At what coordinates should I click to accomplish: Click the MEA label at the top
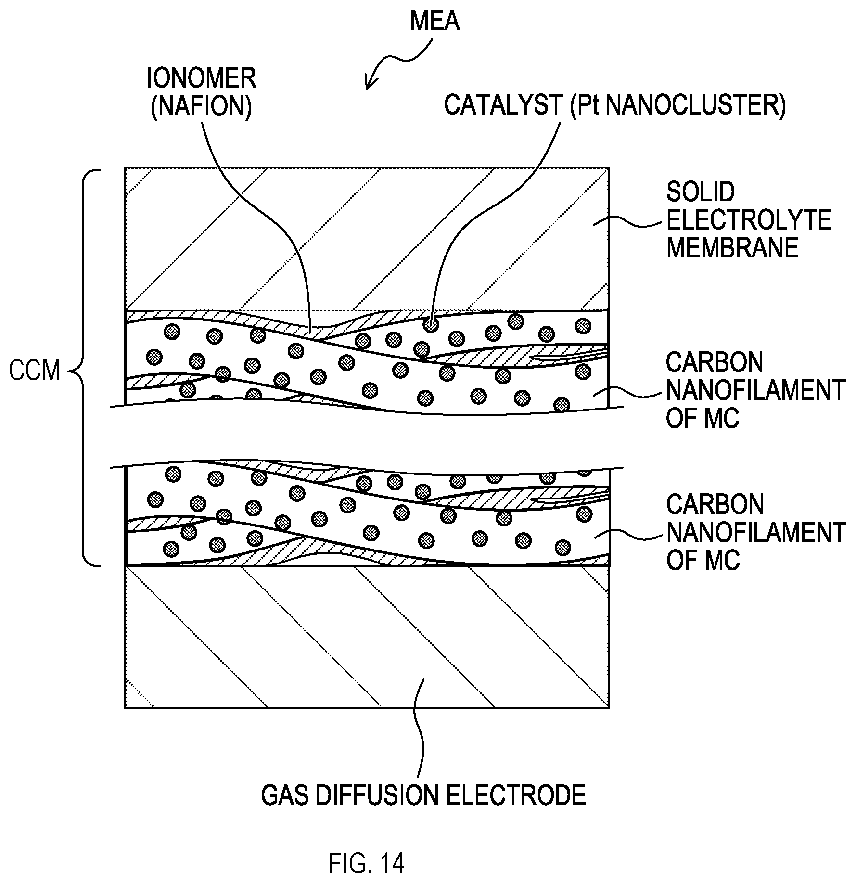coord(434,21)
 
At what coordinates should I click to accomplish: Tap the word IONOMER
coord(202,78)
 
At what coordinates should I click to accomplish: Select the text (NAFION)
coord(202,106)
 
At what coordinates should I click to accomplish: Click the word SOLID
coord(700,192)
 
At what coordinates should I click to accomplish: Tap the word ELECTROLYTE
coord(749,220)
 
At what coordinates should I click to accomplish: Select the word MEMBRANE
coord(732,248)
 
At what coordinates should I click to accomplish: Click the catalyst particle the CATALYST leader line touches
coord(431,325)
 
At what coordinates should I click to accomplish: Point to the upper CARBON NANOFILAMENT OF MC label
coord(755,390)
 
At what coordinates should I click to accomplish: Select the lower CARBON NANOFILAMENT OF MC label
coord(755,532)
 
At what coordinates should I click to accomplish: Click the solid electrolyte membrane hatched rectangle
coord(367,239)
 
